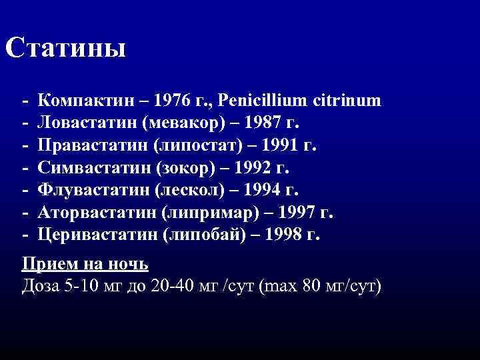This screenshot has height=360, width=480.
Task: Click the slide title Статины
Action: [65, 48]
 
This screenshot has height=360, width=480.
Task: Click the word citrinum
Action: [349, 101]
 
